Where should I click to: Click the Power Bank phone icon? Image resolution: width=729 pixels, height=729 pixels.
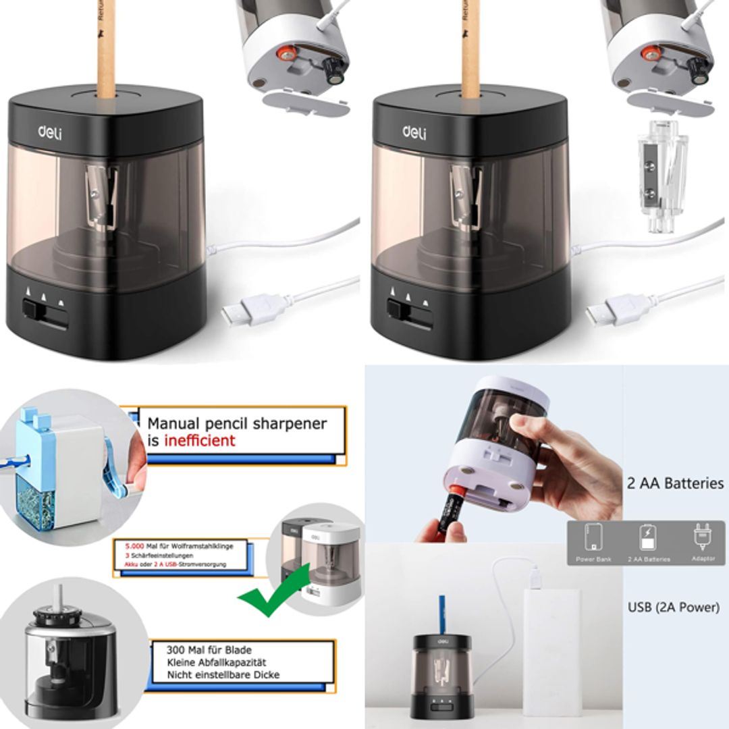point(594,538)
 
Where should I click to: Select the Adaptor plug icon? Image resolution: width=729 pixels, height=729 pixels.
point(703,537)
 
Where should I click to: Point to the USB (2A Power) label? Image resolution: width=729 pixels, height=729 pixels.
point(673,607)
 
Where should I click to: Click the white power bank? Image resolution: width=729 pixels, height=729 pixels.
point(551,648)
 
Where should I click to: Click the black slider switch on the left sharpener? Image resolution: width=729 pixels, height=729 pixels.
point(32,309)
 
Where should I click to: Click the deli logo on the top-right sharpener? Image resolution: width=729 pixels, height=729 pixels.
point(414,131)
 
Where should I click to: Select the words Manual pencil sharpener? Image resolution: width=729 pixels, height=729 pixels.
point(237,424)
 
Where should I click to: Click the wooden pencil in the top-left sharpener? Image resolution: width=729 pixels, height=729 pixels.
point(106,47)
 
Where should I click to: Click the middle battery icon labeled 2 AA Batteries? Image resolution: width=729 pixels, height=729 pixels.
point(648,538)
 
